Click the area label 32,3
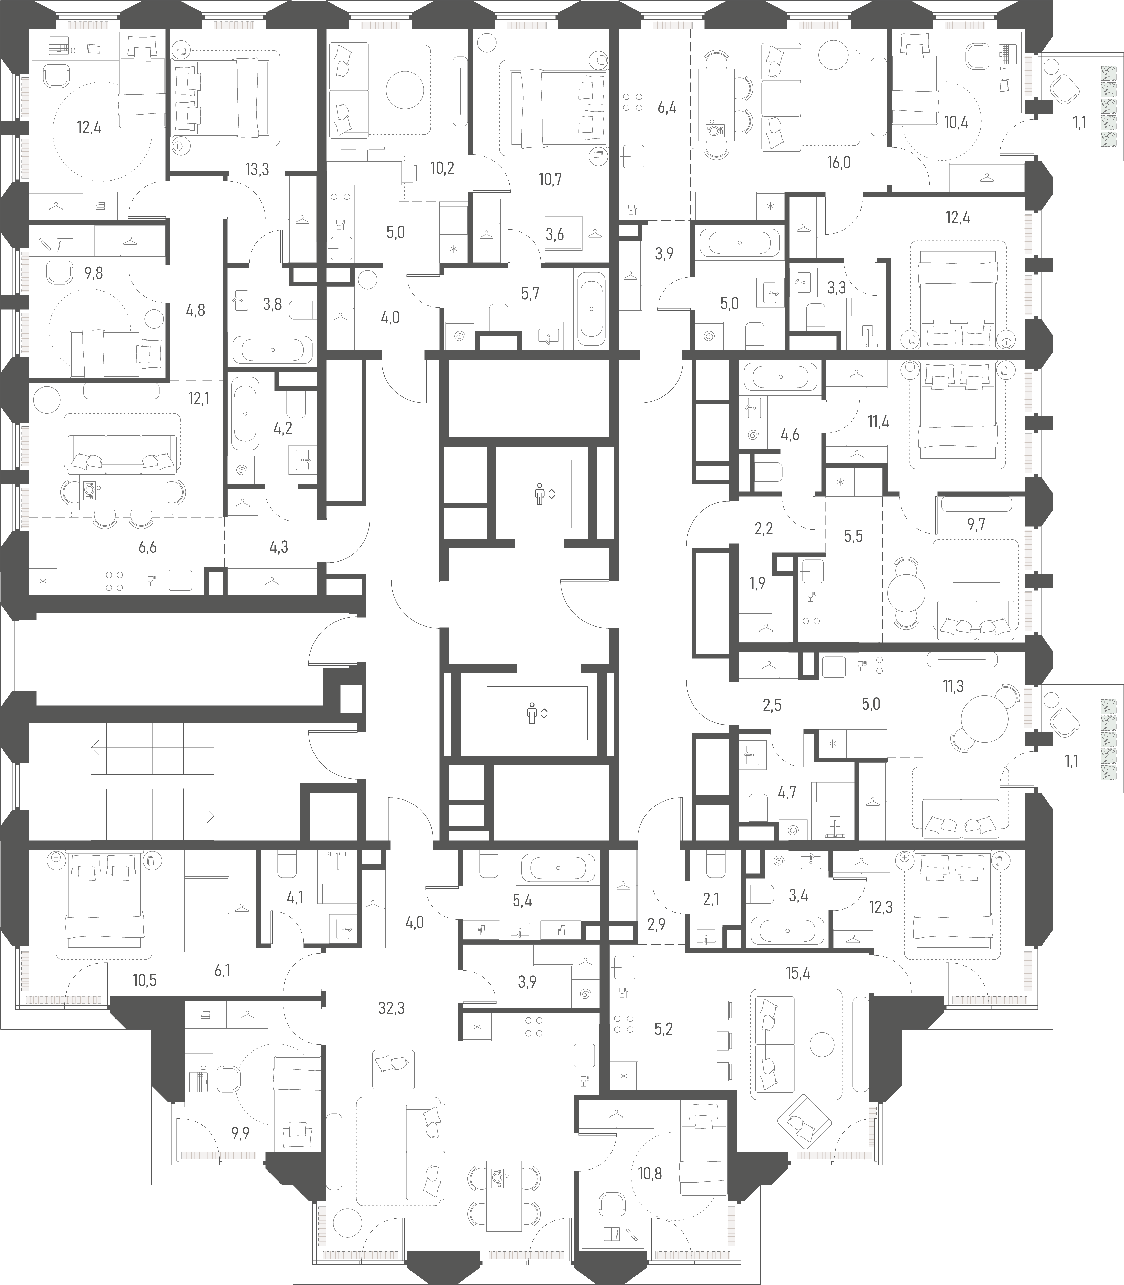[x=392, y=1008]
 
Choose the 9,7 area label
[x=976, y=525]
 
